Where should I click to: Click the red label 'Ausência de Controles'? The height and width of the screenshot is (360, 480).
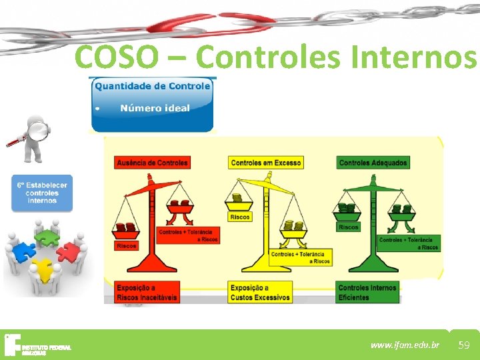point(153,162)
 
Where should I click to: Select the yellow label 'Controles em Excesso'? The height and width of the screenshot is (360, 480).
point(265,163)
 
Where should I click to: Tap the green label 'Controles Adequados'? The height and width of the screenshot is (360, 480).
point(373,163)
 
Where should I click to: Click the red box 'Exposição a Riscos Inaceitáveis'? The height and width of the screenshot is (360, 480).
point(147,293)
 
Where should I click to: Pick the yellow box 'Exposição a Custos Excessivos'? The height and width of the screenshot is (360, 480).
point(260,293)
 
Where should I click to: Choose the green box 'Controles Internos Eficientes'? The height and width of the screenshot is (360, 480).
point(367,293)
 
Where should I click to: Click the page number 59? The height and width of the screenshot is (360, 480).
point(464,345)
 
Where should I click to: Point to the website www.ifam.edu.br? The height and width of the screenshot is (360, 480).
point(405,345)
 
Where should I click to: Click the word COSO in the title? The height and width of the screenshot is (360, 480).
point(117,57)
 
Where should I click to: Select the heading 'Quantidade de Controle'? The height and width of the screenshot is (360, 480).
point(152,86)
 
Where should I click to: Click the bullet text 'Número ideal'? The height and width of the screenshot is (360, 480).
point(155,108)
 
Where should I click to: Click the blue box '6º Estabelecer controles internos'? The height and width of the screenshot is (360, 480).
point(42,193)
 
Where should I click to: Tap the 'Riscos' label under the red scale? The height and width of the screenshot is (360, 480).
point(127,246)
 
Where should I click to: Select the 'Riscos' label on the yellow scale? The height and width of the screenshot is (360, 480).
point(239,217)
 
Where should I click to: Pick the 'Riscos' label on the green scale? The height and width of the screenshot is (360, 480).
point(348,227)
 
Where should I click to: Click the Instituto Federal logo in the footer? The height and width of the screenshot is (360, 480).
point(37,345)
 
